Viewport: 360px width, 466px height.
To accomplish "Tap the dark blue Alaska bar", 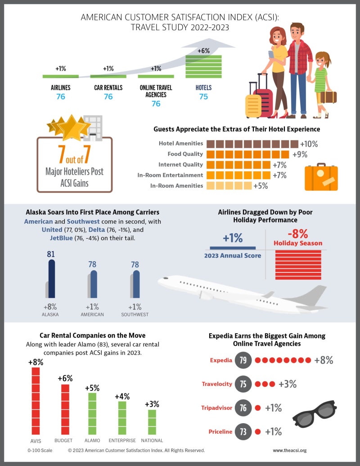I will click(51, 279).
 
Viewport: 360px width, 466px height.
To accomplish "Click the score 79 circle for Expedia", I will click(243, 361).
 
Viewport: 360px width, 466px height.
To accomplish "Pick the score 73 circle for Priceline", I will click(243, 432).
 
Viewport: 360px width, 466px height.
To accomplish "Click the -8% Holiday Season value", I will click(297, 234).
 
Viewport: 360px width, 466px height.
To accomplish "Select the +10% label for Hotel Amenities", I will click(309, 145).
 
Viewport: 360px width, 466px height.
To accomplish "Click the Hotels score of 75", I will click(203, 96).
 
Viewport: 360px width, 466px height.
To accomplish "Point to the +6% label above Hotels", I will click(203, 51).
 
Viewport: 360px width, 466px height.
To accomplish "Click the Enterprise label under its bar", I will click(122, 440).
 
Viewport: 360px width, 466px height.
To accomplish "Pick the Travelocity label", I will click(217, 384).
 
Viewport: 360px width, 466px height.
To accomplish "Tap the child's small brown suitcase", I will click(328, 96).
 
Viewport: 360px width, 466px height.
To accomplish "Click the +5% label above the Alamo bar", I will click(92, 388).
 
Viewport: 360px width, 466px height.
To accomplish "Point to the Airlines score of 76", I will click(61, 96).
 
